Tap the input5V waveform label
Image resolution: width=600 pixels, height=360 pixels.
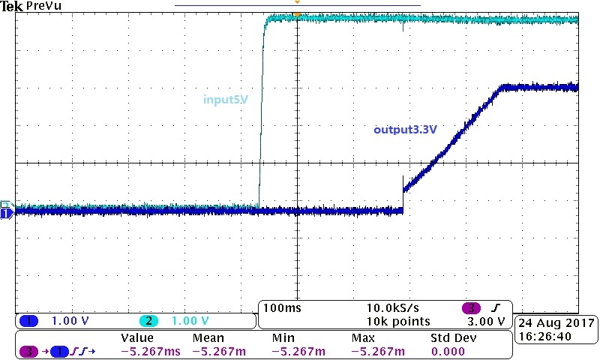point(226,99)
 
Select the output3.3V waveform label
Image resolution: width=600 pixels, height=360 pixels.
point(405,129)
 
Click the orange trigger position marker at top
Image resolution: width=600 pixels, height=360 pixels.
point(298,14)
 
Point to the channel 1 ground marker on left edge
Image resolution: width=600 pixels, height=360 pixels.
point(6,214)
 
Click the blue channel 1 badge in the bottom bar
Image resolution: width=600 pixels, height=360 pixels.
point(28,321)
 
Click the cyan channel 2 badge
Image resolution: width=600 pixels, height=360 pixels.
point(149,321)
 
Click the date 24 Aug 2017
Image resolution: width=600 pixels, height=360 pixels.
point(556,322)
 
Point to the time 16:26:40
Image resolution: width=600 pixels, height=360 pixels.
point(556,336)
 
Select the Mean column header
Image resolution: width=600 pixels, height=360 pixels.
point(208,338)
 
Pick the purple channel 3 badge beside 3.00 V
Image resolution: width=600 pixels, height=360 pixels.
point(473,308)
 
